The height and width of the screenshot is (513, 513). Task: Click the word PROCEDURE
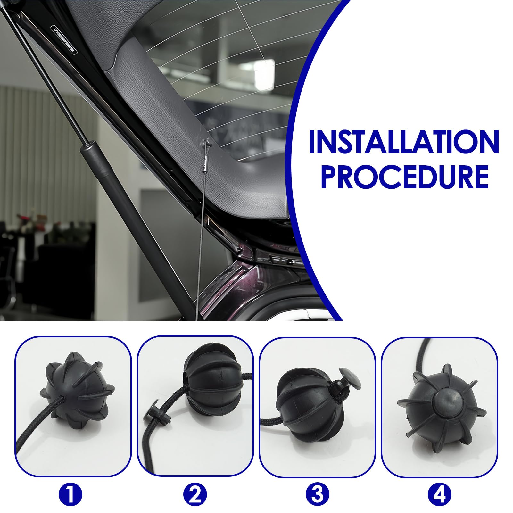[x=404, y=177]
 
